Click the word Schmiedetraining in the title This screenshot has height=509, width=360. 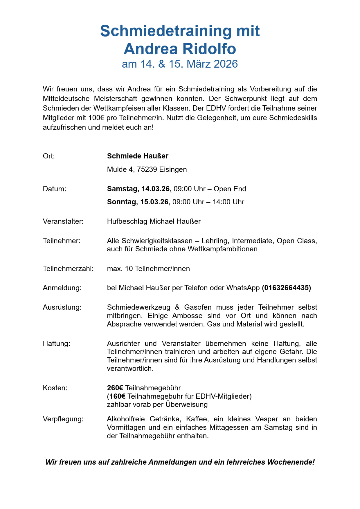click(x=166, y=31)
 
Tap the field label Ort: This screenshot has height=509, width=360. click(x=49, y=156)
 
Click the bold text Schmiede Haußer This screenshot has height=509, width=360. click(x=138, y=156)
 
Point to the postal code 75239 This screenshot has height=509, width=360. click(x=147, y=169)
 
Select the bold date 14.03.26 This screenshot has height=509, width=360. click(x=155, y=189)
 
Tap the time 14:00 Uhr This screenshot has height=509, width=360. click(x=228, y=202)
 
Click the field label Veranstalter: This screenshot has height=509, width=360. click(x=63, y=221)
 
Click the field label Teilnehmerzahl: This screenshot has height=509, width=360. click(x=68, y=269)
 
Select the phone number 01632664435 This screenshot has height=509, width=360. click(x=286, y=288)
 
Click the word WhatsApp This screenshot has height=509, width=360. click(x=243, y=288)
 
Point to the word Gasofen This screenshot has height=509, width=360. click(x=197, y=307)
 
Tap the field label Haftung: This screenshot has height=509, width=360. click(x=56, y=344)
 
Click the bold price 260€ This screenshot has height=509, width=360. click(x=115, y=388)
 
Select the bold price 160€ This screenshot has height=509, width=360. click(x=117, y=396)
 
